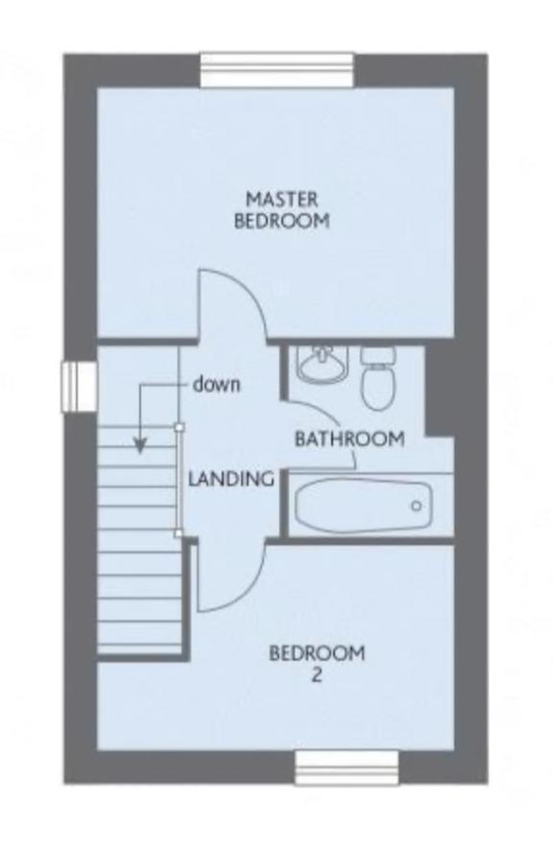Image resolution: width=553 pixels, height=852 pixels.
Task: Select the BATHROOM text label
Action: [x=349, y=439]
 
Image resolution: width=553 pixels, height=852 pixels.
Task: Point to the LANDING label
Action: [x=231, y=478]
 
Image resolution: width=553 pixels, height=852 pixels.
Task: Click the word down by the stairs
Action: [x=216, y=386]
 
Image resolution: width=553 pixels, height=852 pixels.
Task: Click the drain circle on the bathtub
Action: [x=416, y=506]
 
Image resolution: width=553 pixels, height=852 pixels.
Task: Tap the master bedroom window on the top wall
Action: [x=277, y=71]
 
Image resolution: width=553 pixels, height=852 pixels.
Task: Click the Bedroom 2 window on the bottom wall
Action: [x=346, y=768]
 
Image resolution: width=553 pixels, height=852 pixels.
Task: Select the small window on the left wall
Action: [x=75, y=385]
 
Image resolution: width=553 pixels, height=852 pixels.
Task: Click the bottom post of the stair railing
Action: [x=180, y=533]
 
